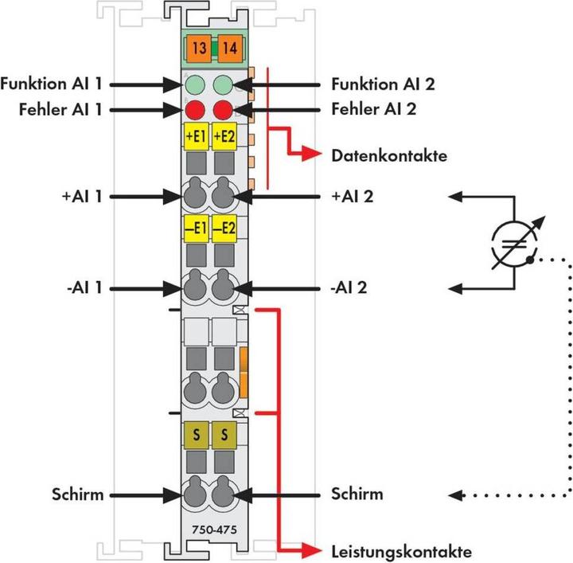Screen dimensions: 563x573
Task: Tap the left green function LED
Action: (193, 84)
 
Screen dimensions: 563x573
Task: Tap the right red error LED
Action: (223, 109)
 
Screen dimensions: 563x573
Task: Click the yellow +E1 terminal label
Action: (196, 136)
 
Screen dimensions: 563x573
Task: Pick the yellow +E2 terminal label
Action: (225, 136)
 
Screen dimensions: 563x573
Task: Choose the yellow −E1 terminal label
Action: (196, 229)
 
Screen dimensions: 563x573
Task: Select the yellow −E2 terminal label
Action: (225, 229)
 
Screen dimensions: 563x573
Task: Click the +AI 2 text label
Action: (353, 195)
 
